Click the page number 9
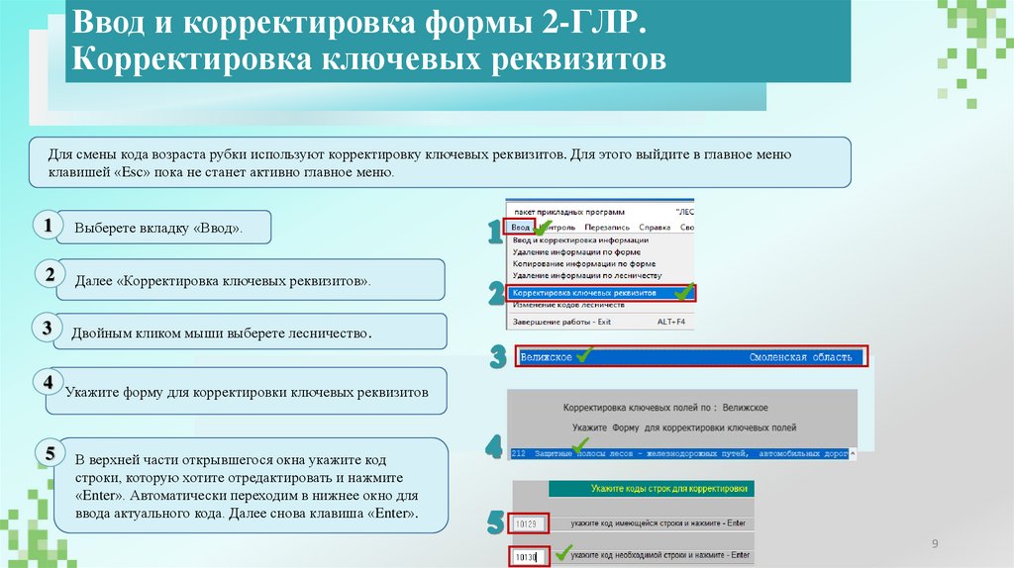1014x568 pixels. pyautogui.click(x=933, y=544)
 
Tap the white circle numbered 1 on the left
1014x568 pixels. pyautogui.click(x=47, y=226)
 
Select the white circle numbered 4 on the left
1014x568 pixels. pyautogui.click(x=47, y=382)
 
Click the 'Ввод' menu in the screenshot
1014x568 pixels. pyautogui.click(x=521, y=227)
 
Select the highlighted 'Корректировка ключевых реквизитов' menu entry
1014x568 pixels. pyautogui.click(x=584, y=293)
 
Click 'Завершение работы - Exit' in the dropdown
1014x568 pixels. pyautogui.click(x=561, y=322)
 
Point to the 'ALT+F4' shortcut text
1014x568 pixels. pyautogui.click(x=673, y=322)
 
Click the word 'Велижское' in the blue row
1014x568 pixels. pyautogui.click(x=546, y=356)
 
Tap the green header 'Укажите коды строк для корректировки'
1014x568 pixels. pyautogui.click(x=668, y=488)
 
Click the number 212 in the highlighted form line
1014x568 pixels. pyautogui.click(x=519, y=453)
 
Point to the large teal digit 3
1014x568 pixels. pyautogui.click(x=498, y=357)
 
